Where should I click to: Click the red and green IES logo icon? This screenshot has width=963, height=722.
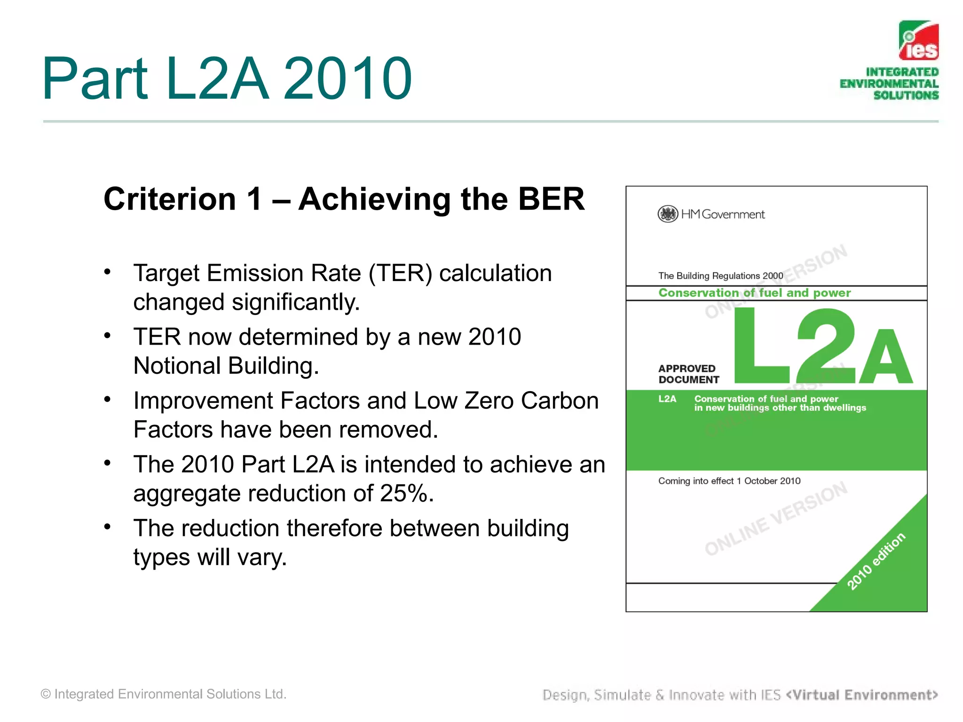coord(919,40)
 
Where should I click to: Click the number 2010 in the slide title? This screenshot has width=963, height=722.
coord(348,78)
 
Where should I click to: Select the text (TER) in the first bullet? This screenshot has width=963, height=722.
coord(400,273)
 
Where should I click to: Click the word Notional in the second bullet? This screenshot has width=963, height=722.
coord(176,366)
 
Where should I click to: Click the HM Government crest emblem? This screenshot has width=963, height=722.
coord(667,214)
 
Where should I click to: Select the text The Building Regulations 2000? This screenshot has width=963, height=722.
coord(720,276)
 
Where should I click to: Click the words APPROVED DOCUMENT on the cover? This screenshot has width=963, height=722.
coord(688,374)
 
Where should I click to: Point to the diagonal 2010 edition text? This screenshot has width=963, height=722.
coord(876,561)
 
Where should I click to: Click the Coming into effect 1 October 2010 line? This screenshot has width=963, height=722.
coord(729,481)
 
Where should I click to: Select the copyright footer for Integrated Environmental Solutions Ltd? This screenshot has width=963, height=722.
coord(164,694)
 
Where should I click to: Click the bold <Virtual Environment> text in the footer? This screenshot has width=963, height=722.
coord(862,695)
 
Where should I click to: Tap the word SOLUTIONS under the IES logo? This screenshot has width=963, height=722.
coord(906,95)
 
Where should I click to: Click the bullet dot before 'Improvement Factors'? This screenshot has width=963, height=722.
coord(108,400)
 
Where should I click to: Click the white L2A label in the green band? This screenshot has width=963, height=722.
coord(667,399)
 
